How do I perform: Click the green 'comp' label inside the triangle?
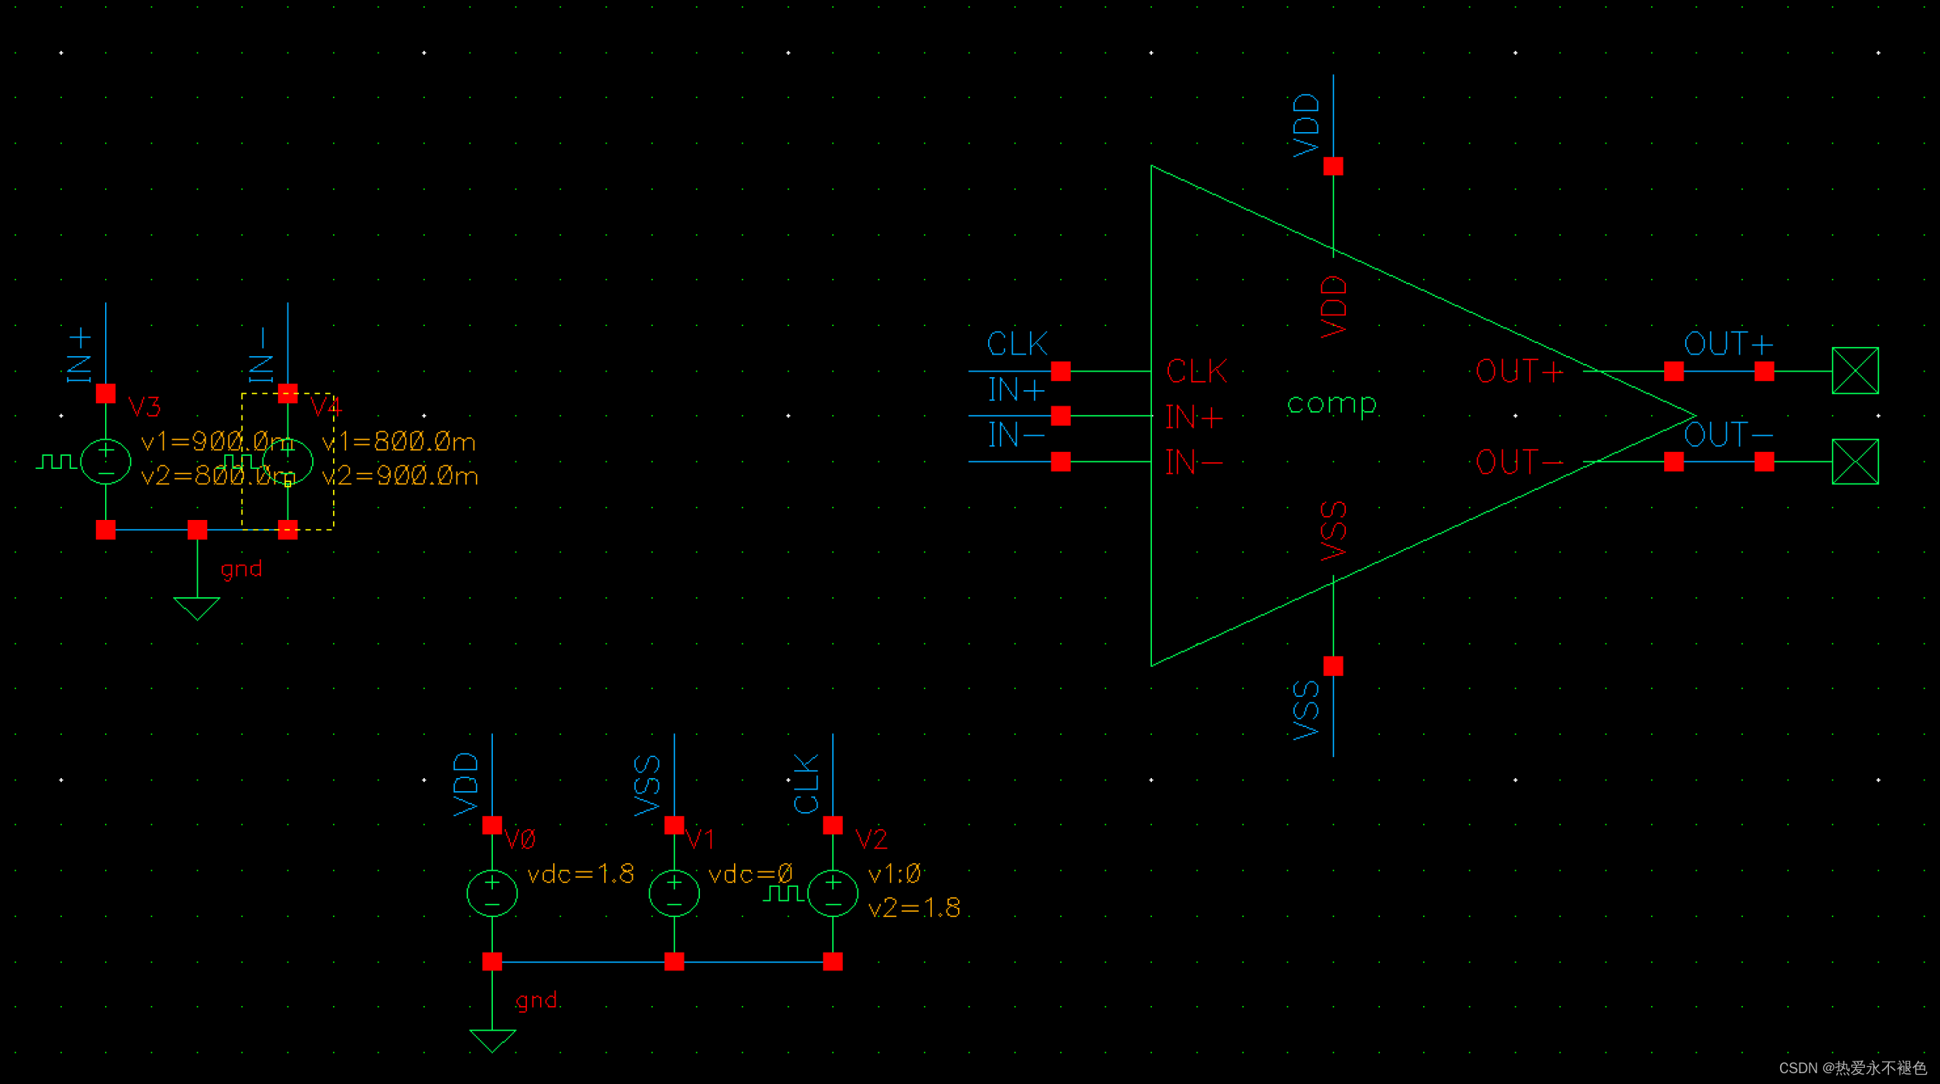pyautogui.click(x=1331, y=404)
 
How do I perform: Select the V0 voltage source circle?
pyautogui.click(x=492, y=893)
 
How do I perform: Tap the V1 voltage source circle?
pyautogui.click(x=674, y=893)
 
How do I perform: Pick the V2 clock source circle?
pyautogui.click(x=832, y=893)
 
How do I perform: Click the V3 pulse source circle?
pyautogui.click(x=106, y=461)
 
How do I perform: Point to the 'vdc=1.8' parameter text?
pyautogui.click(x=580, y=874)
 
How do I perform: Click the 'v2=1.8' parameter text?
pyautogui.click(x=914, y=908)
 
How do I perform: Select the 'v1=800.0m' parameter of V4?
pyautogui.click(x=399, y=442)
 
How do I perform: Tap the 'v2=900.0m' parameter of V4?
pyautogui.click(x=400, y=476)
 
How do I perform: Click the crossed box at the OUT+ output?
pyautogui.click(x=1854, y=371)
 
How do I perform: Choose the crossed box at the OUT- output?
pyautogui.click(x=1854, y=462)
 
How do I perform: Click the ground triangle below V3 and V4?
pyautogui.click(x=197, y=608)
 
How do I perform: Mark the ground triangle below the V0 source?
pyautogui.click(x=492, y=1040)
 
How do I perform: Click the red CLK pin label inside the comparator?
pyautogui.click(x=1196, y=372)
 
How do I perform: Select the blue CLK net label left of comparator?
pyautogui.click(x=1017, y=344)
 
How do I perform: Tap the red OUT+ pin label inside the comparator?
pyautogui.click(x=1519, y=372)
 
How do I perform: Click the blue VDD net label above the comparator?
pyautogui.click(x=1306, y=125)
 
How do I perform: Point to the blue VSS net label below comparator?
pyautogui.click(x=1306, y=710)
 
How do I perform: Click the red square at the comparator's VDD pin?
pyautogui.click(x=1333, y=166)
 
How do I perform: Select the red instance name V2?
pyautogui.click(x=871, y=839)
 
